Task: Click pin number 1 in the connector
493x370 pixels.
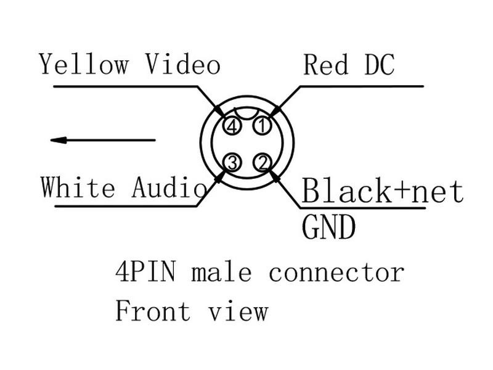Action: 263,126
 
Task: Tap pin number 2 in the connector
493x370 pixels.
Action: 263,163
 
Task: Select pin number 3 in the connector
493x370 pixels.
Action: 232,163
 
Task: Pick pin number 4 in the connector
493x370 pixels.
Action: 232,126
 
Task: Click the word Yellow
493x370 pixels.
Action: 84,64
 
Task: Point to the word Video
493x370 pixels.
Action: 182,64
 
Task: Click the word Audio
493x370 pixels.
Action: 168,187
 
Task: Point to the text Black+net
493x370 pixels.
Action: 382,191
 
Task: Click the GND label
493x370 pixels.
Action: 328,228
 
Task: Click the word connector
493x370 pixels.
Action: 336,272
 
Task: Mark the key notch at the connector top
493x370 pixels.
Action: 246,113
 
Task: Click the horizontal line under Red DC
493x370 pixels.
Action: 364,86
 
